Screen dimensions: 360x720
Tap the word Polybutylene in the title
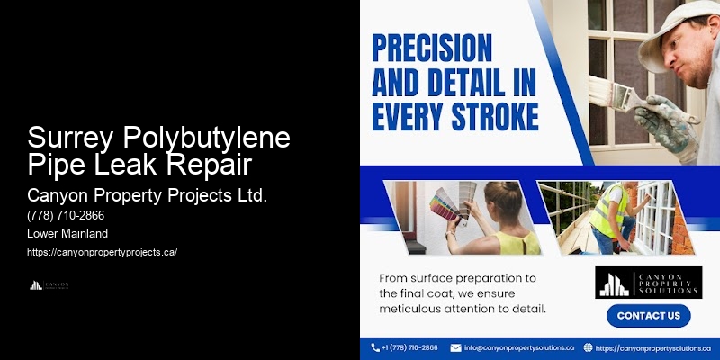[210, 138]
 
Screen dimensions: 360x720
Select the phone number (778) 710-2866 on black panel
[66, 216]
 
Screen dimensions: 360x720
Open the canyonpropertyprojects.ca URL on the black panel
[102, 252]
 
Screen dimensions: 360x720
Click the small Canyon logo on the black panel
[49, 285]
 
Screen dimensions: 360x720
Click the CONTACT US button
[648, 316]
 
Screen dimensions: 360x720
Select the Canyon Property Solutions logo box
[648, 282]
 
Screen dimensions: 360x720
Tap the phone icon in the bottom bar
[375, 347]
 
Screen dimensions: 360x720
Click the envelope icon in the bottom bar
[455, 347]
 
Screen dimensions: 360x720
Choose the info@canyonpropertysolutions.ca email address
[518, 347]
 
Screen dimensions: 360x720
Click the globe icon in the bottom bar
[588, 347]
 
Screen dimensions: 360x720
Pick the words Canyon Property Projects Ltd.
[147, 194]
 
